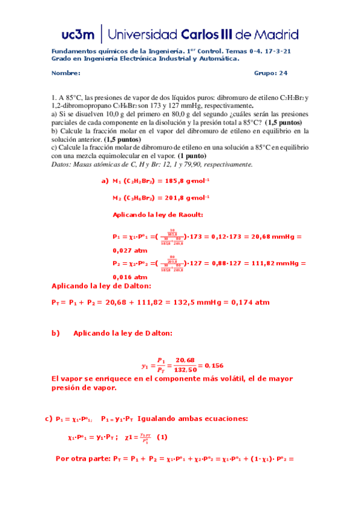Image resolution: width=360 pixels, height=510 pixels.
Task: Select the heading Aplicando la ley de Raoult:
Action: pyautogui.click(x=158, y=214)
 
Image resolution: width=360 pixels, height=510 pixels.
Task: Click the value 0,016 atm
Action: pyautogui.click(x=129, y=276)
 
